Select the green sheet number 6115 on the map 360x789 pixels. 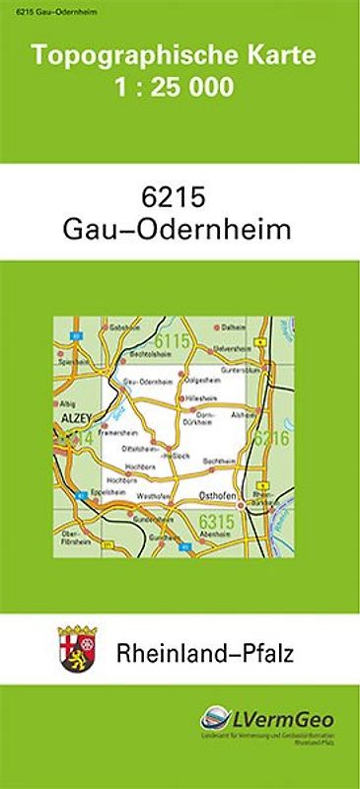click(172, 342)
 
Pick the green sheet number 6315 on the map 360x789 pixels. click(215, 520)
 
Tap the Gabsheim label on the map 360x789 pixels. click(121, 326)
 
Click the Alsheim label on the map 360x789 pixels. click(243, 415)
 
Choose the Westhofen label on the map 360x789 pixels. click(154, 495)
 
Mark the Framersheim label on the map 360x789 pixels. click(116, 431)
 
